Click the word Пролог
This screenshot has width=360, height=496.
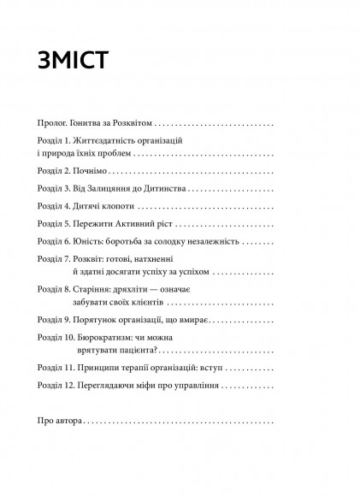click(x=56, y=123)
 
